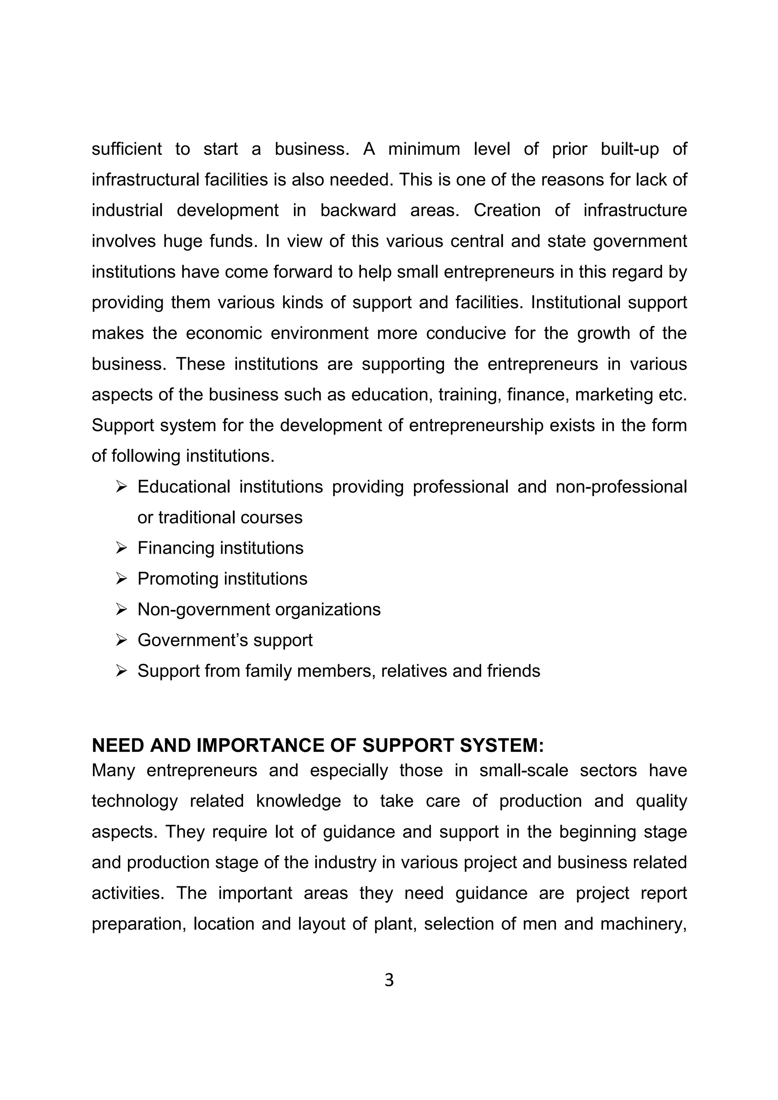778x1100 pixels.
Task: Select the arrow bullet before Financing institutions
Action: (121, 548)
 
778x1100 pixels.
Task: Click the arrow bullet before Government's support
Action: (121, 640)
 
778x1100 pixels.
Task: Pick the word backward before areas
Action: (358, 210)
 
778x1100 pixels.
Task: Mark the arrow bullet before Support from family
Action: (121, 671)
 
